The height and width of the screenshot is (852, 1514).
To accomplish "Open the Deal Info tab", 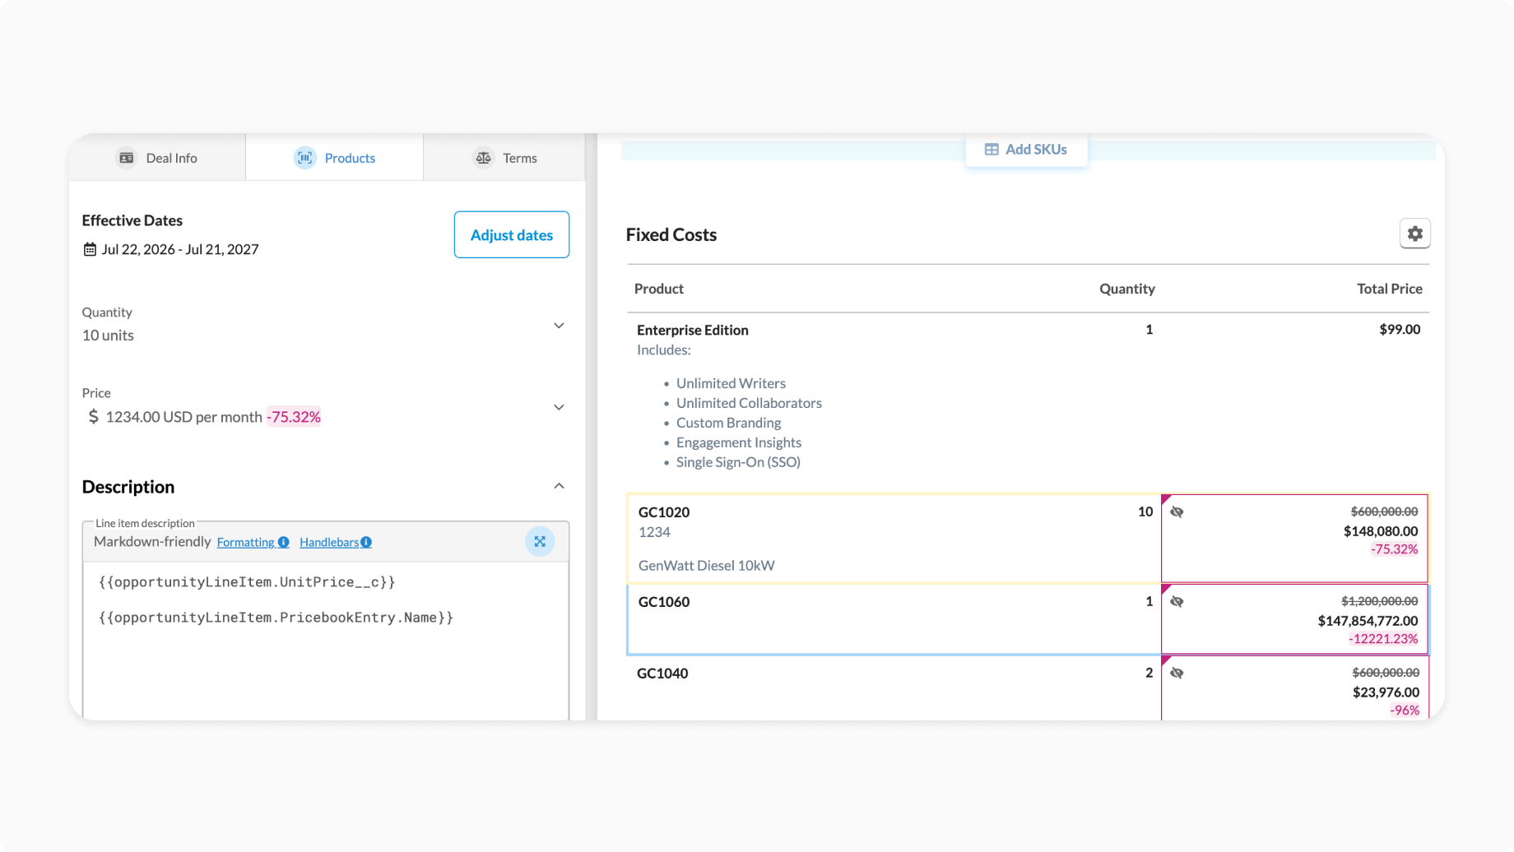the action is pos(157,158).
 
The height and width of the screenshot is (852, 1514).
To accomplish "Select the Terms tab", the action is pos(504,158).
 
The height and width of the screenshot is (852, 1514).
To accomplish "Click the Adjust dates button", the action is pos(512,234).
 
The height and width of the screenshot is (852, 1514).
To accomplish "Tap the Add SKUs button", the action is pos(1026,150).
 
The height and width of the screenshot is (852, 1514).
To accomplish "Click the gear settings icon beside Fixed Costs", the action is pos(1414,234).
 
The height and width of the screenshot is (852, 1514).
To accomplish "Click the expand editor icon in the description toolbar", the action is pos(540,541).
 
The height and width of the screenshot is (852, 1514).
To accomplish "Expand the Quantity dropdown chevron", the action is pos(559,326).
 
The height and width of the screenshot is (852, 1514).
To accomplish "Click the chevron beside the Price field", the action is pos(559,407).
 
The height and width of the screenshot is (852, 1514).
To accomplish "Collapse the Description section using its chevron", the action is pos(559,486).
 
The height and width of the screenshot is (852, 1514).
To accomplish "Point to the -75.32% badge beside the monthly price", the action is pos(294,417).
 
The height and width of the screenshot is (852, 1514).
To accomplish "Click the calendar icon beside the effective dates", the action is pos(90,249).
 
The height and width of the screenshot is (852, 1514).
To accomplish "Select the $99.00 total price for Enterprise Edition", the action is pos(1400,330).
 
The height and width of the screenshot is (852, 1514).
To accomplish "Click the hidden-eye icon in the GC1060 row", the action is pos(1177,602).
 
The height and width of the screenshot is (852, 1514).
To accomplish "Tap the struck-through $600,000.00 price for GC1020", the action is pos(1385,512).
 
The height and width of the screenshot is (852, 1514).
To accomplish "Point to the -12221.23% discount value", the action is pos(1383,639).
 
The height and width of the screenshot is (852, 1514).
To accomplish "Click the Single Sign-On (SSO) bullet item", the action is pos(738,462).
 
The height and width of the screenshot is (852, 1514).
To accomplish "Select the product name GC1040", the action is pos(662,674).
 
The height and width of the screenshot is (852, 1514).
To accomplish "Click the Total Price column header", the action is pos(1390,289).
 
